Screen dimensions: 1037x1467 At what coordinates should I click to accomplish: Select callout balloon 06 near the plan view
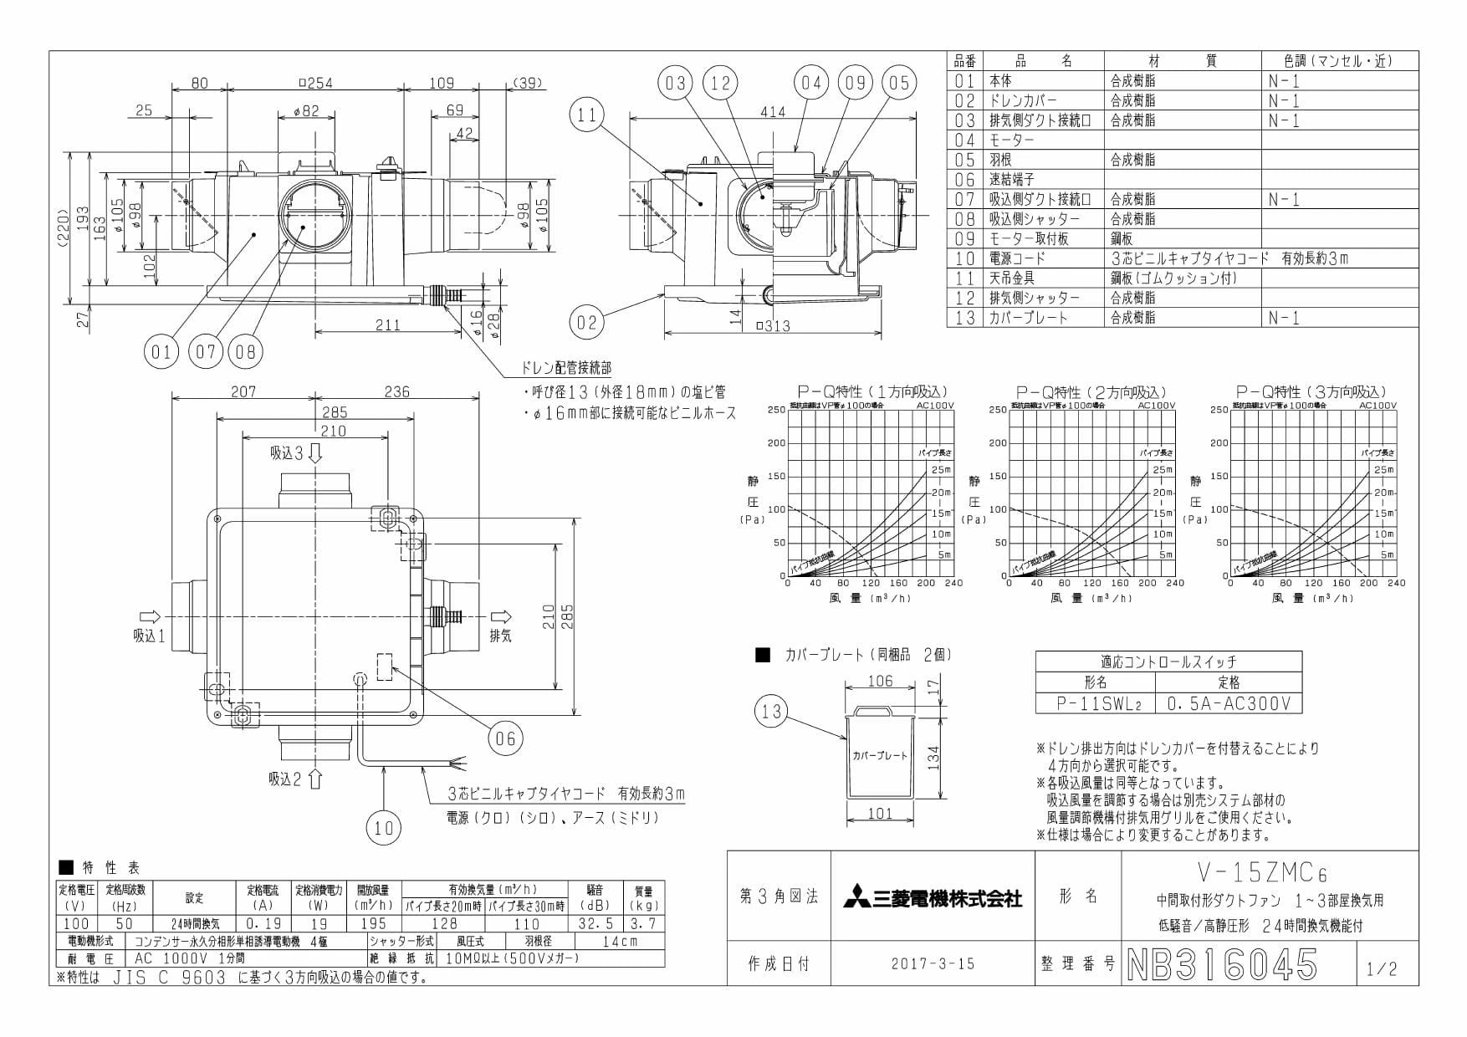(x=505, y=737)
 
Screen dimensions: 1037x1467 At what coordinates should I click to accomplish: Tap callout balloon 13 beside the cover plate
(x=771, y=712)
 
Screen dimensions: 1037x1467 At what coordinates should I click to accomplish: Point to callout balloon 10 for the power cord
(x=384, y=827)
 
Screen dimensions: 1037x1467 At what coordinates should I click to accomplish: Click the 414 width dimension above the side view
(x=773, y=111)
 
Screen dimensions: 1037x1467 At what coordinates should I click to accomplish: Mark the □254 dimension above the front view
(x=314, y=83)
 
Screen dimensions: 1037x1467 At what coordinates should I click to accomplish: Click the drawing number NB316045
(x=1223, y=964)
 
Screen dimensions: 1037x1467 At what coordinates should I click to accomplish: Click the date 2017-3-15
(x=933, y=963)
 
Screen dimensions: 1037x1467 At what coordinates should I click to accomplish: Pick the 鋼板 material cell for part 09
(x=1126, y=238)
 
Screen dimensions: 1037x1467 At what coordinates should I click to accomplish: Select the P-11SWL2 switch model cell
(x=1096, y=703)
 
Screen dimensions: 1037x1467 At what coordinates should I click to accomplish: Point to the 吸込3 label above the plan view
(x=287, y=453)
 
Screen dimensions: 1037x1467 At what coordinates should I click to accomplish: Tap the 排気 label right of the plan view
(x=500, y=636)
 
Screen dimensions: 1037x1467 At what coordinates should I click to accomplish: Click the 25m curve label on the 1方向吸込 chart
(x=941, y=470)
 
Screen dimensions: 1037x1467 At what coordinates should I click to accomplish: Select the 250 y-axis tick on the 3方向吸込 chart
(x=1218, y=410)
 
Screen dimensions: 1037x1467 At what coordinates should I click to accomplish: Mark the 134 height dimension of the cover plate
(x=934, y=757)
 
